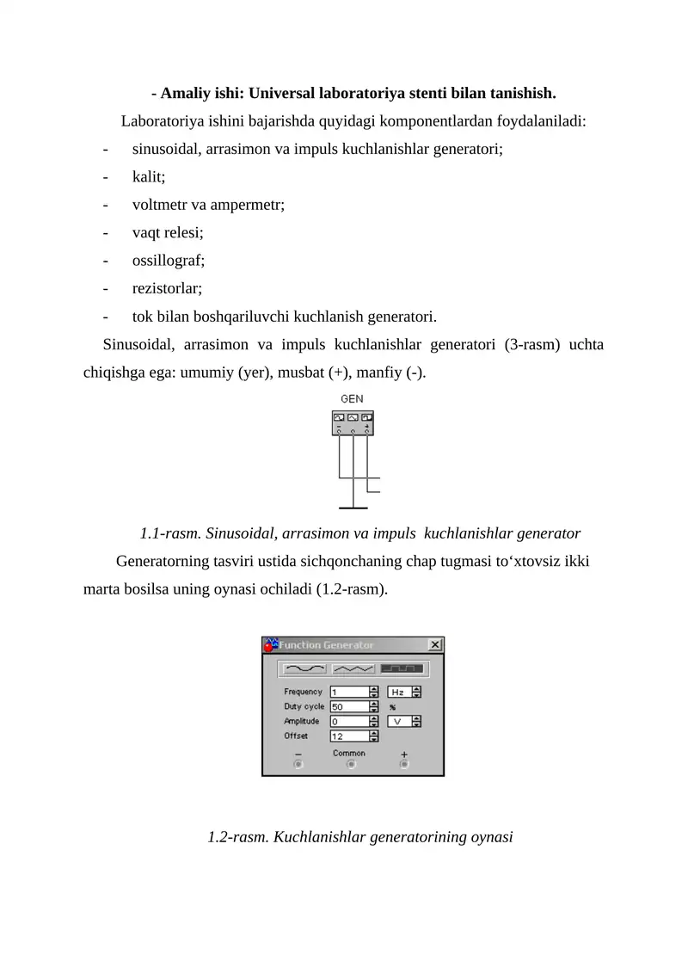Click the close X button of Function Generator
coord(435,644)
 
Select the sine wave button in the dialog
coord(304,668)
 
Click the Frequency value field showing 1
coord(348,692)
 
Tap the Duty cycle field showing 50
coord(348,706)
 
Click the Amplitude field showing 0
coord(348,721)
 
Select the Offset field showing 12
coord(348,736)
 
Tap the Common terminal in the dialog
coord(349,764)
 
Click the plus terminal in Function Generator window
coord(403,764)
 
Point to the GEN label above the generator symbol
coord(352,399)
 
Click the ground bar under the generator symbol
coord(353,508)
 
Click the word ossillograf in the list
coord(169,259)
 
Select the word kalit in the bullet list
coord(149,176)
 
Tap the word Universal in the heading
coord(282,92)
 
